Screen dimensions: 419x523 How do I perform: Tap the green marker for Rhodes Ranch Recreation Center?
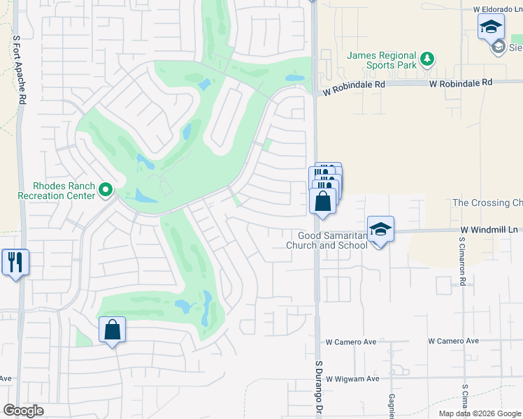pyautogui.click(x=106, y=189)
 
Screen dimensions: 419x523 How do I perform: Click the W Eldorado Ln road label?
pyautogui.click(x=497, y=10)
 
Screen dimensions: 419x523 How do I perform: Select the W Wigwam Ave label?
pyautogui.click(x=352, y=378)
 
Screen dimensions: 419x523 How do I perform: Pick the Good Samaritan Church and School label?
pyautogui.click(x=327, y=240)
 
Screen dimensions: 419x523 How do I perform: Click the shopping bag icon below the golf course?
pyautogui.click(x=112, y=330)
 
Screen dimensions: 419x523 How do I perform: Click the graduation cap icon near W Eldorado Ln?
pyautogui.click(x=491, y=28)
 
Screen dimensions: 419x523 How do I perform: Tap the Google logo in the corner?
pyautogui.click(x=23, y=410)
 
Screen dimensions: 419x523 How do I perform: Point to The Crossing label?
pyautogui.click(x=487, y=203)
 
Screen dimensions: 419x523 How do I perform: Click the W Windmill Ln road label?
pyautogui.click(x=489, y=229)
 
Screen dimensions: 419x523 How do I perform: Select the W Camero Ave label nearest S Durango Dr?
pyautogui.click(x=351, y=341)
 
